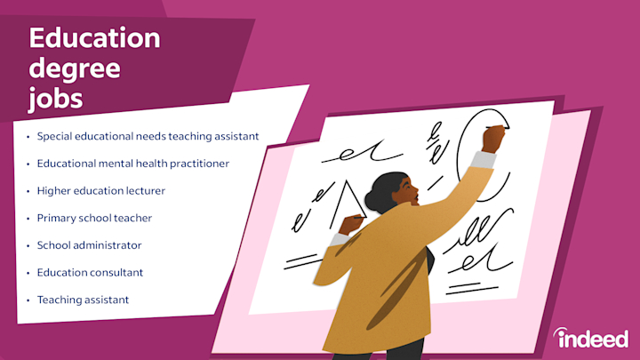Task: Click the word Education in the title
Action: pyautogui.click(x=94, y=39)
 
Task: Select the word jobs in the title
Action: pyautogui.click(x=55, y=98)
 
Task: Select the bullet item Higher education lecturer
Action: pyautogui.click(x=100, y=190)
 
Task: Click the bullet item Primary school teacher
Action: pyautogui.click(x=94, y=218)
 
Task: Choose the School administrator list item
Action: pyautogui.click(x=89, y=244)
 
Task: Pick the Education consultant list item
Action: pyautogui.click(x=90, y=272)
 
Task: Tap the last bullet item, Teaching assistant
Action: pyautogui.click(x=83, y=300)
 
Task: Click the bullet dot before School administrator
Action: pyautogui.click(x=28, y=245)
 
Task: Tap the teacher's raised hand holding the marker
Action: pyautogui.click(x=493, y=138)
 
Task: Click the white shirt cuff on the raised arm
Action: pyautogui.click(x=484, y=161)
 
